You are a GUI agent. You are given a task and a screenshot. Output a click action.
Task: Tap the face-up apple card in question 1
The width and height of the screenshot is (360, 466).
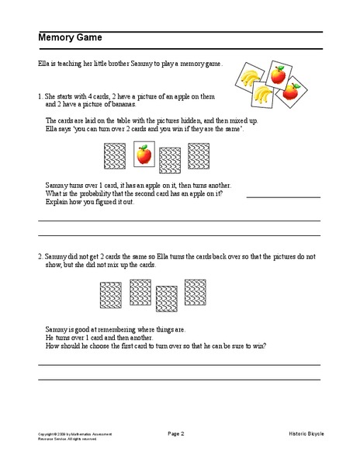coord(144,155)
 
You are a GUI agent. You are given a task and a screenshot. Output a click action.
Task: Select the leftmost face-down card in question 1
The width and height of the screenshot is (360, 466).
coord(115,158)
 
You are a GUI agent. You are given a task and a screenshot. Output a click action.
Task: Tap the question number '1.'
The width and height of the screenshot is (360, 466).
coord(40,96)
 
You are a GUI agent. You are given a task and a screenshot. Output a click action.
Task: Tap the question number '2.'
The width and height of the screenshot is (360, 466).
coord(40,256)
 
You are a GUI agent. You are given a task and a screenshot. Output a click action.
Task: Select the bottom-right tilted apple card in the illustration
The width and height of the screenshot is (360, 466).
coord(291,92)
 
